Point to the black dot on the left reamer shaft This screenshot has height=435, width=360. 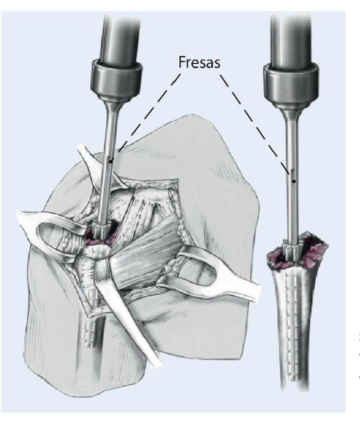point(110,160)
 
